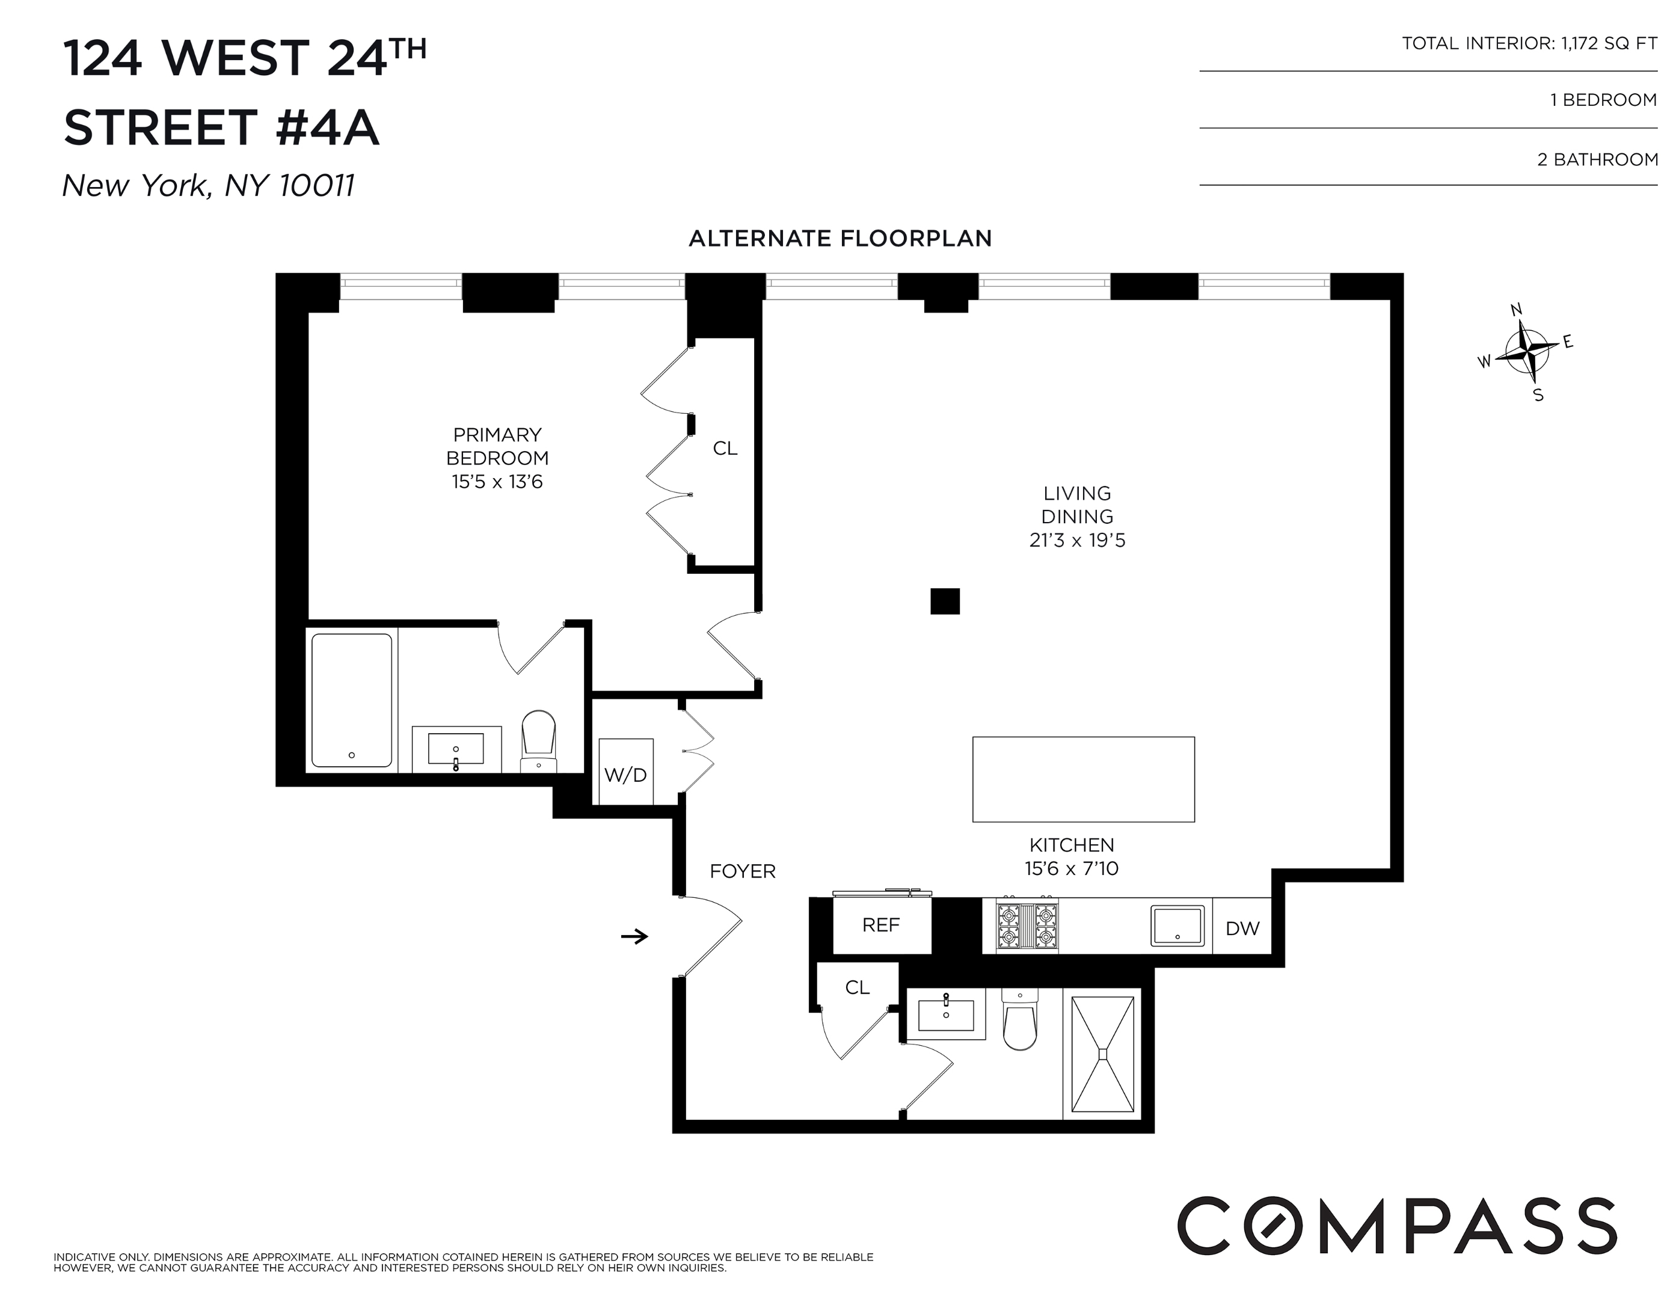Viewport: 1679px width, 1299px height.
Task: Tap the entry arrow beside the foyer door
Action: point(634,936)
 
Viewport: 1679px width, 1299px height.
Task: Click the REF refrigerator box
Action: point(881,926)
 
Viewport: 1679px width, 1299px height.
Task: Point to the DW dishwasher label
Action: point(1242,929)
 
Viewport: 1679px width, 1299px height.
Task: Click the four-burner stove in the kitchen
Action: point(1027,926)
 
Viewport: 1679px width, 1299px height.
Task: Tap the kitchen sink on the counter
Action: point(1177,926)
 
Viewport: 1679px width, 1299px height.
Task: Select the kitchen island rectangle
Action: point(1083,779)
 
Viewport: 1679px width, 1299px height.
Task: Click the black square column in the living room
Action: point(945,601)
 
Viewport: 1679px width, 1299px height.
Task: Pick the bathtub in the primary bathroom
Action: point(352,700)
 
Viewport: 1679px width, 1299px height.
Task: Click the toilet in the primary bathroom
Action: point(538,740)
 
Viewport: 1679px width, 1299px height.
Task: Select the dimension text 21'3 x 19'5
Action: point(1077,541)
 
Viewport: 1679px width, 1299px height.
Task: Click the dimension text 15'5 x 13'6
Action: point(497,482)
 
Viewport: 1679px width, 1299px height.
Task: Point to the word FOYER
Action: point(743,871)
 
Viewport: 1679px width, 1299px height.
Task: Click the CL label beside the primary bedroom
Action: point(725,448)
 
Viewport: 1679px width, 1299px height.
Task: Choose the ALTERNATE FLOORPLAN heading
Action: point(839,238)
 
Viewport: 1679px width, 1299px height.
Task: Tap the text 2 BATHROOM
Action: point(1597,160)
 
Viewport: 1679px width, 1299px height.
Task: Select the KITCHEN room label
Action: point(1071,845)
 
